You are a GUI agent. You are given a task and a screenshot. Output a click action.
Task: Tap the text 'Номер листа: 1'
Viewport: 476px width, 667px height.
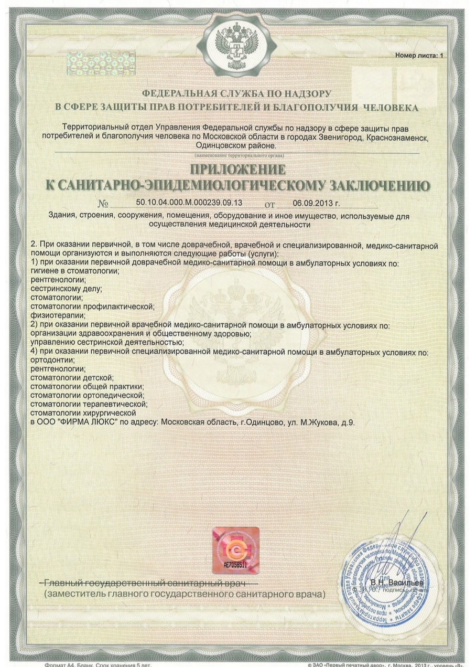point(419,55)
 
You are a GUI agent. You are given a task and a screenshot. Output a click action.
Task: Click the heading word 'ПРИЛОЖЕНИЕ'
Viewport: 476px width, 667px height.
point(237,170)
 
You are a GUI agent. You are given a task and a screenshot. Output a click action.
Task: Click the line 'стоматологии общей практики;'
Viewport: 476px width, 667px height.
point(86,386)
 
